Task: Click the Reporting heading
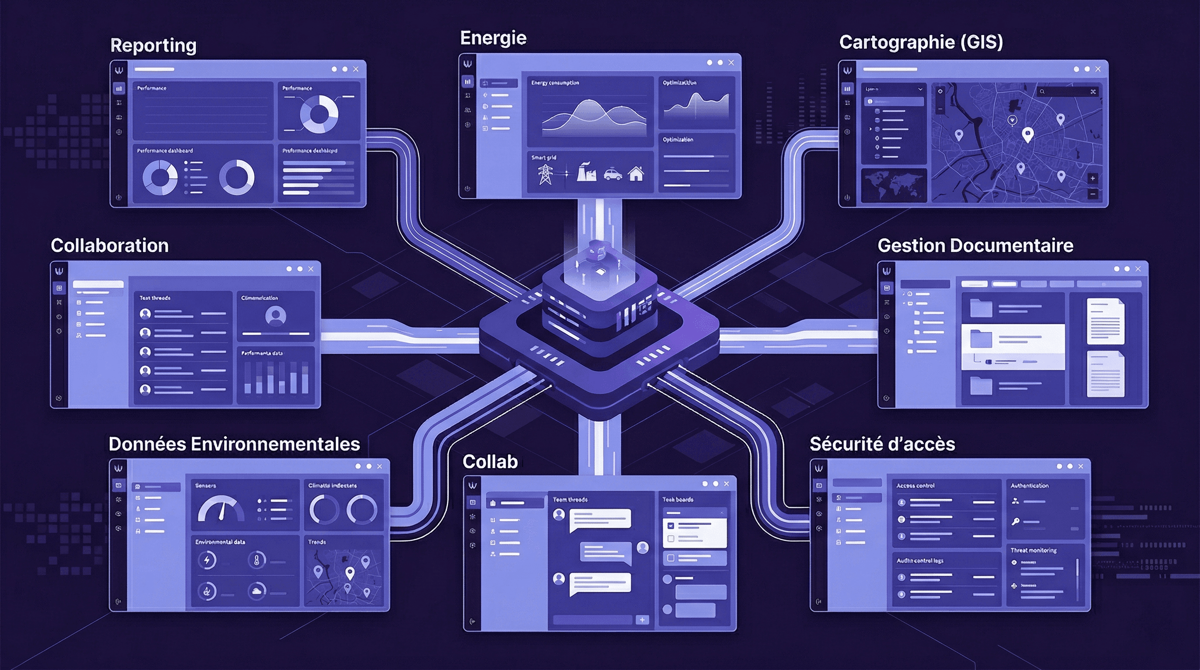(x=153, y=46)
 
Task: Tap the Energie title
(x=493, y=38)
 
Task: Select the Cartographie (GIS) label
(x=920, y=42)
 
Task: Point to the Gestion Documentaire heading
(x=975, y=246)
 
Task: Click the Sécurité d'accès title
(x=882, y=444)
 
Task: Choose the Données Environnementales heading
(x=234, y=444)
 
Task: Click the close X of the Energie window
(x=731, y=62)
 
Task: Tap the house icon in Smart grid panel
(x=636, y=174)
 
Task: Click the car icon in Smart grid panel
(x=613, y=174)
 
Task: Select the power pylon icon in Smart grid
(x=545, y=174)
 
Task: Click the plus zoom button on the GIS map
(x=1092, y=178)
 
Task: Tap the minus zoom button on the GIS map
(x=1092, y=193)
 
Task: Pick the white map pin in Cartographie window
(x=1027, y=135)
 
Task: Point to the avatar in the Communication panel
(x=275, y=315)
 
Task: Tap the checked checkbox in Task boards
(x=671, y=526)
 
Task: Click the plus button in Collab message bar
(x=642, y=620)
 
